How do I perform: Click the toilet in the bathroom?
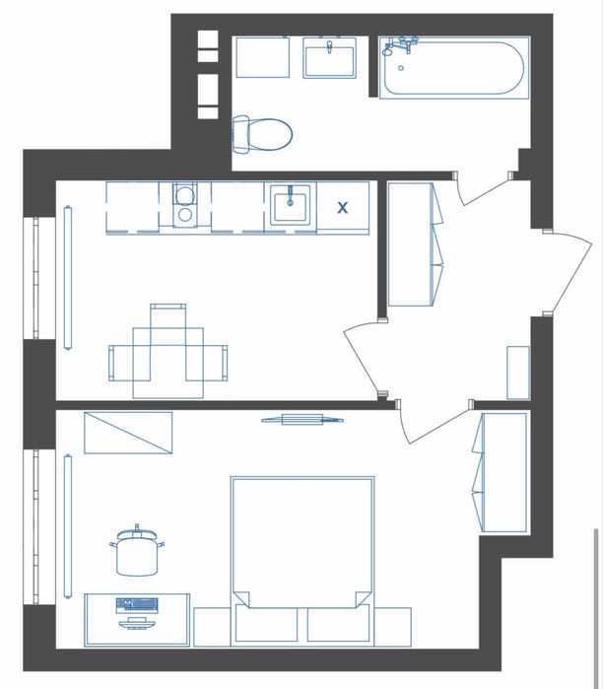[x=262, y=134]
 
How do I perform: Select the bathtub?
[x=454, y=68]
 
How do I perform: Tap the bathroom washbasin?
[x=329, y=58]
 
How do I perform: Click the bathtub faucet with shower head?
[x=400, y=46]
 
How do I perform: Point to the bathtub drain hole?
[x=401, y=68]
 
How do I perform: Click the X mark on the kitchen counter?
[x=342, y=207]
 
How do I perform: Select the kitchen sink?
[x=291, y=205]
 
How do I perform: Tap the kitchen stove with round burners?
[x=185, y=205]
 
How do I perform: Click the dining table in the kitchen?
[x=168, y=363]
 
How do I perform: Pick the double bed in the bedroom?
[x=302, y=561]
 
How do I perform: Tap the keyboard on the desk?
[x=137, y=605]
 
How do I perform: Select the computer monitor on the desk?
[x=137, y=623]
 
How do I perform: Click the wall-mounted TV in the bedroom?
[x=302, y=420]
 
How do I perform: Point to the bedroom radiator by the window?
[x=68, y=526]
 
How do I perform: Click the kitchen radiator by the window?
[x=68, y=277]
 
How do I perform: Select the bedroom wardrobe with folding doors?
[x=501, y=472]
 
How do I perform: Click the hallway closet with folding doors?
[x=415, y=244]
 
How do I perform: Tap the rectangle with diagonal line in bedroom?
[x=128, y=433]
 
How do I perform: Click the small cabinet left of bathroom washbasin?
[x=263, y=57]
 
